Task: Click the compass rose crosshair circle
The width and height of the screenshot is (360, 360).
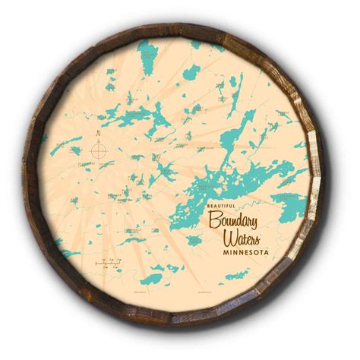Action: [99, 150]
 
